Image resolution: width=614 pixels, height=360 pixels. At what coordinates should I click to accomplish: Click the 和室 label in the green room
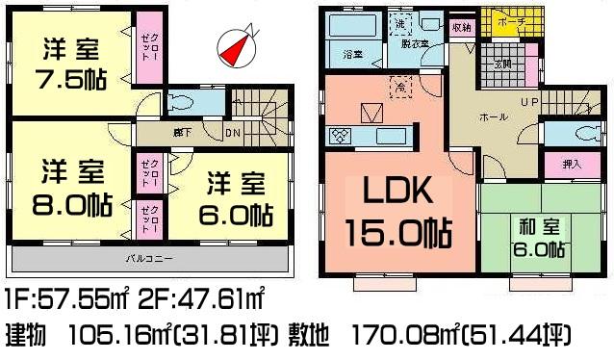(535, 227)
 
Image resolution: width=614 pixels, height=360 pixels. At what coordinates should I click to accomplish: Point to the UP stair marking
(529, 102)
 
